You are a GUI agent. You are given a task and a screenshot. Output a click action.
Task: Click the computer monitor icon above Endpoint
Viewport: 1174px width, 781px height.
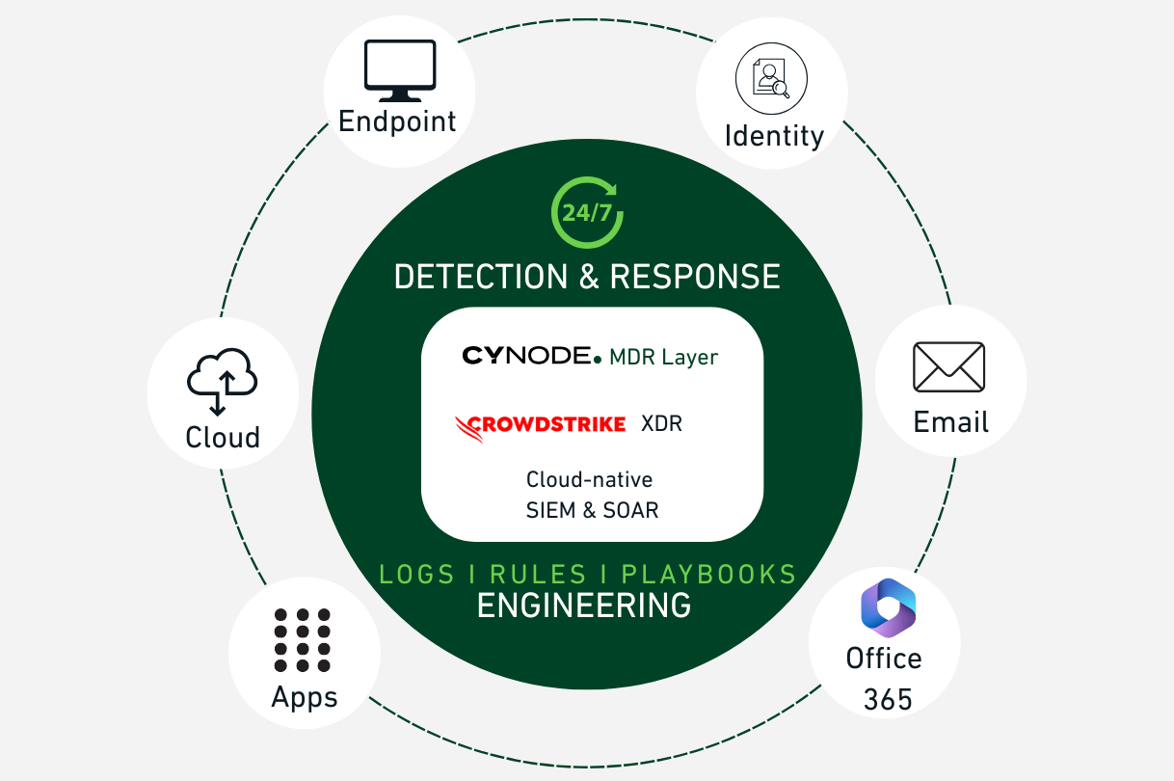point(399,71)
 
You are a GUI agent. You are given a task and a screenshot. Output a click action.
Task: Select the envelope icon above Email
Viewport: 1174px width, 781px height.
point(949,367)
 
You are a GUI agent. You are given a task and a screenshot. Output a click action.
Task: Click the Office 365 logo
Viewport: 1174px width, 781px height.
point(887,607)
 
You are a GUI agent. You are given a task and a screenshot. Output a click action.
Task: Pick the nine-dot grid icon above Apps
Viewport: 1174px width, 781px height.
point(303,639)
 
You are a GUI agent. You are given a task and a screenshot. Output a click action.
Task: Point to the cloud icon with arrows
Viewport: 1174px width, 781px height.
point(223,382)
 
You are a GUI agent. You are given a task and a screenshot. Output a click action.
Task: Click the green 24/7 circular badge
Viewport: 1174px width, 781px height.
point(587,212)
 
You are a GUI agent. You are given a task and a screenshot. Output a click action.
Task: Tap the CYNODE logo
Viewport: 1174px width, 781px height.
point(532,356)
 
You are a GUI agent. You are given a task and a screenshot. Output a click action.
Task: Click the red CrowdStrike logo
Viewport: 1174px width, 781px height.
point(540,424)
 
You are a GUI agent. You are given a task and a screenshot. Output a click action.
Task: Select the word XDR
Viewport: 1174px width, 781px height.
point(661,424)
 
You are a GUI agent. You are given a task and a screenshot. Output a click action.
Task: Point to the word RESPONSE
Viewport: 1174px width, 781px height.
point(695,277)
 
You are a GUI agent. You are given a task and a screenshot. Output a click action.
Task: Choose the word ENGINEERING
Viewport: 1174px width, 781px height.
point(584,606)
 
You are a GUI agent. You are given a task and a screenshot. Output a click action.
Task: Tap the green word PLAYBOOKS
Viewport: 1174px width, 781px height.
point(708,575)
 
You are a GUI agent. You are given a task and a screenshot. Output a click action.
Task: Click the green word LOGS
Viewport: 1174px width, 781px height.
point(416,575)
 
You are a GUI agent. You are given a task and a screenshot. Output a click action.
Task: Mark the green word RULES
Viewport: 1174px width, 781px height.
point(538,575)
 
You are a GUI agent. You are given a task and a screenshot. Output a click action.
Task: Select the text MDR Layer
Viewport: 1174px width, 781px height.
point(664,358)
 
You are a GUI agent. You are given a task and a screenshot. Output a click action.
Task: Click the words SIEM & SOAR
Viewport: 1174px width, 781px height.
point(592,510)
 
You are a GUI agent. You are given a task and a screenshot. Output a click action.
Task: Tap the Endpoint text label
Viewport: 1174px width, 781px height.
point(397,121)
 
